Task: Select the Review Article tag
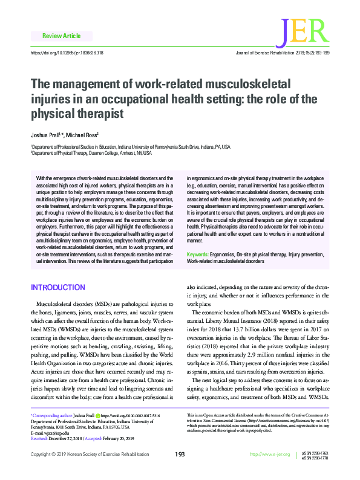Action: click(x=59, y=36)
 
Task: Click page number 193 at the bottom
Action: click(x=180, y=471)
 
